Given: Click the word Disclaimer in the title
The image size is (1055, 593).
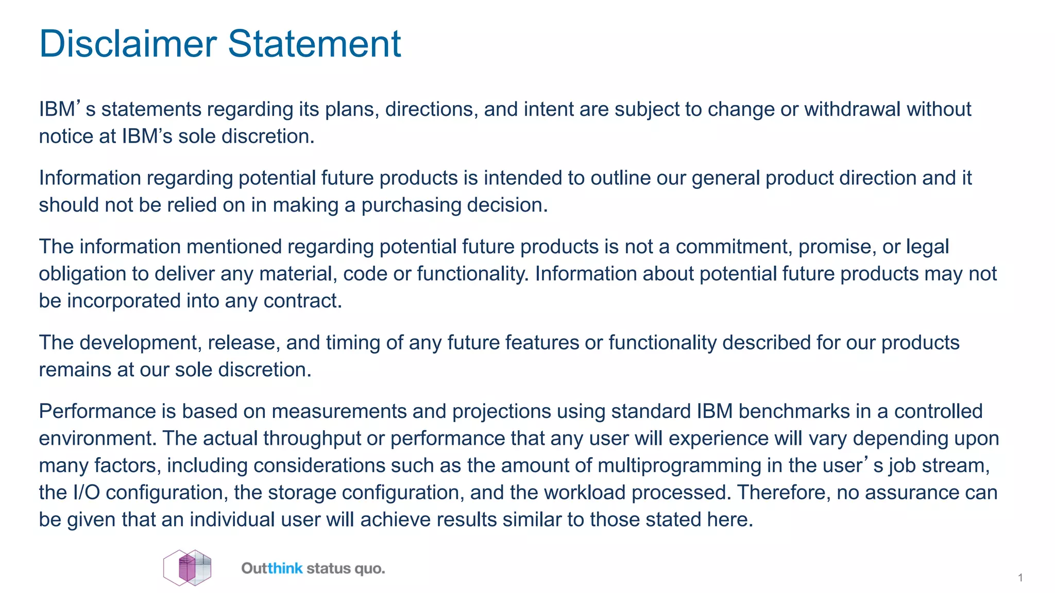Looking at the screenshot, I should coord(128,44).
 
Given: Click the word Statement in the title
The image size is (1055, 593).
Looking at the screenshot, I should coord(314,44).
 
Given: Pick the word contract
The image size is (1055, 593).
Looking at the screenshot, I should coord(302,301).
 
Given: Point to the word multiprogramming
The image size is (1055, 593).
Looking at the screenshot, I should coord(679,466).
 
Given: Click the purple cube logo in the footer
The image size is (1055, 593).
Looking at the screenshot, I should coord(188,568).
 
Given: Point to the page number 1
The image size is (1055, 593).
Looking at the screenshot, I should coord(1020,578).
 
